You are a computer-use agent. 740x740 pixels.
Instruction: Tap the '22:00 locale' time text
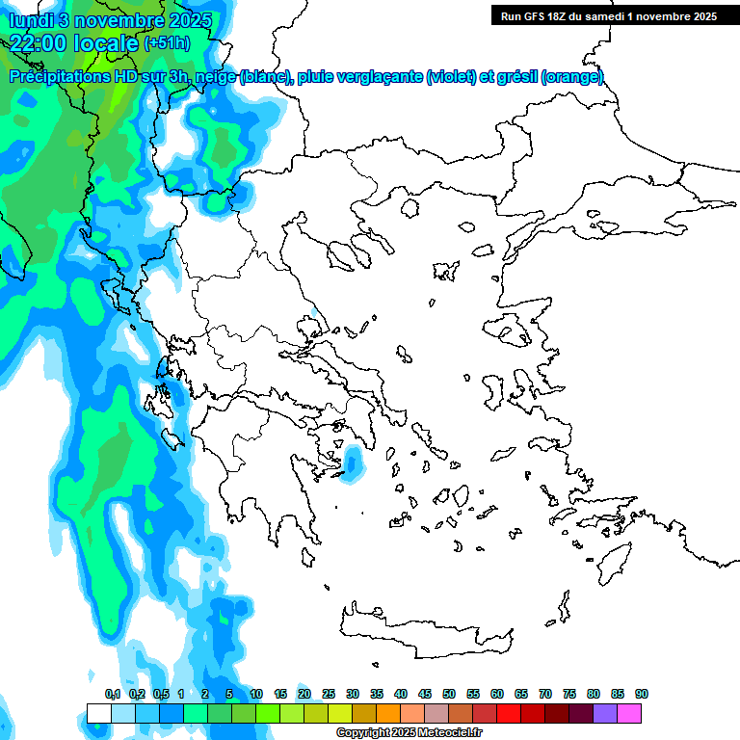76,42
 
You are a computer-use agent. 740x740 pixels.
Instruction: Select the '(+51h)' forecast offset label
167,43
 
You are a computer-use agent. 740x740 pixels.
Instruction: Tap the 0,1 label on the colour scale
113,694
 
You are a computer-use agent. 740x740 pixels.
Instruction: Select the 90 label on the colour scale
641,694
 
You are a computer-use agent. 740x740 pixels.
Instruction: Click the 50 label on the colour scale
448,694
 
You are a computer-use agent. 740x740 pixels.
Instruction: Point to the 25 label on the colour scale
328,694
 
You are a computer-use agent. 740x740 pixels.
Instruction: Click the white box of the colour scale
98,713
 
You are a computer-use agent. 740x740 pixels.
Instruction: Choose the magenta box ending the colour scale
629,713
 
